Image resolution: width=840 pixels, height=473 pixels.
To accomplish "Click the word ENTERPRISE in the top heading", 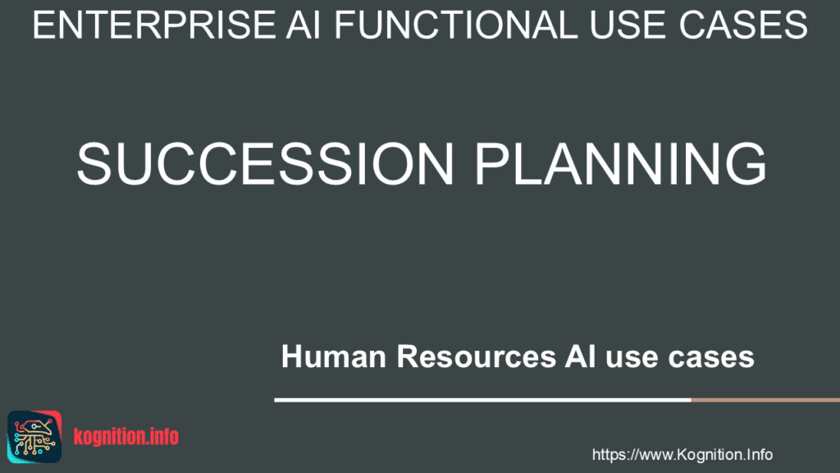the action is point(154,25).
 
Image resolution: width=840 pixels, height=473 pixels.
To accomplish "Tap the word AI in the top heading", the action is point(304,25).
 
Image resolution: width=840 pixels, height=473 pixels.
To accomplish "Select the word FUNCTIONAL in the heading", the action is point(456,25).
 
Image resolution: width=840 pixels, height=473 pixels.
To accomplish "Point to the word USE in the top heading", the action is point(628,25).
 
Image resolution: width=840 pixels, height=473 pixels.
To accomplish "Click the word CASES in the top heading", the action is point(743,25).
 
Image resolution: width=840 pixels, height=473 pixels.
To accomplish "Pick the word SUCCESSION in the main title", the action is point(266,163).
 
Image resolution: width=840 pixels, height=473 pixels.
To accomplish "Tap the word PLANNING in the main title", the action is point(621,163).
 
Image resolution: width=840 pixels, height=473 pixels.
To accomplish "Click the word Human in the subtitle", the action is point(334,356).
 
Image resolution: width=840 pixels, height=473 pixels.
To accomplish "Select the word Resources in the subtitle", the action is point(477,356).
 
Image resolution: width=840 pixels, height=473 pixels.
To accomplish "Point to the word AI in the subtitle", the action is point(580,356).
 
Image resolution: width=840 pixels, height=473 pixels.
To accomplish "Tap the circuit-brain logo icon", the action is point(34,437).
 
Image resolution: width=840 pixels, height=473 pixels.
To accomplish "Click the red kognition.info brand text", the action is point(126,437).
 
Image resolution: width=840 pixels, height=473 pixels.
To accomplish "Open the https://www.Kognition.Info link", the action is point(682,455).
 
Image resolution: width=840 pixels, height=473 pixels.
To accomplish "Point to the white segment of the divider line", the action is point(482,400).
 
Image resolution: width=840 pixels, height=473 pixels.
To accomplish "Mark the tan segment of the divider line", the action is point(765,400).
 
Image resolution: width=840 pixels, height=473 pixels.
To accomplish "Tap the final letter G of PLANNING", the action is point(746,163).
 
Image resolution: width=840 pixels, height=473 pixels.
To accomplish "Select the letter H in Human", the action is point(291,356).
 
